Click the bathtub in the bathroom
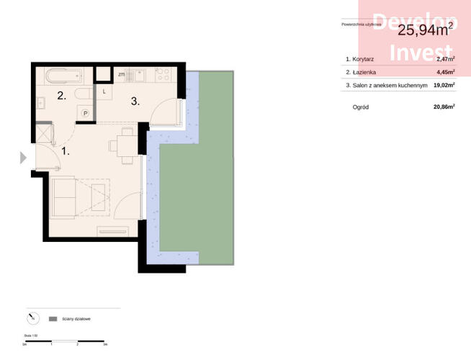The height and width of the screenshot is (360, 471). pos(64,74)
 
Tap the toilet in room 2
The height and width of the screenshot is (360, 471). pos(84,94)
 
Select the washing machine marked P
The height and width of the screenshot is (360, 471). pos(85,112)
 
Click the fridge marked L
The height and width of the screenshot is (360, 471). pos(104,91)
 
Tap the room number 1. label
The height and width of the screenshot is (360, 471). pos(66,152)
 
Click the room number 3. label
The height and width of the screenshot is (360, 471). pos(135,102)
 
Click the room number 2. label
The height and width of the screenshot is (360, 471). pos(62,96)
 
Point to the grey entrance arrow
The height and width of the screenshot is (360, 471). pos(22,157)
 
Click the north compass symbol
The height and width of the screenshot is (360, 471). pos(32,318)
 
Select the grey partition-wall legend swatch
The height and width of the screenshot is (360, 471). pos(53,318)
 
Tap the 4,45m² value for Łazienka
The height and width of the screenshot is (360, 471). pos(445,72)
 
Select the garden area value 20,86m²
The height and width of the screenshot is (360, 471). pos(444,107)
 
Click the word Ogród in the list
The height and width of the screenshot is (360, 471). pos(362,107)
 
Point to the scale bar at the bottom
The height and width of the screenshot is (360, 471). pos(65,341)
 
